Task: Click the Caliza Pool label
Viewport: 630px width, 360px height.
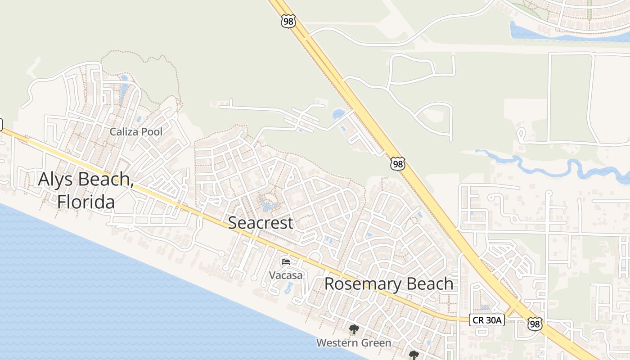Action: (136, 132)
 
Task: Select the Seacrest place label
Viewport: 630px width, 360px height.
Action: (261, 222)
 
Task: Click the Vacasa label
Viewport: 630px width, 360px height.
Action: (286, 274)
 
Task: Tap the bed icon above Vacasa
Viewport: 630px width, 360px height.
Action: (286, 261)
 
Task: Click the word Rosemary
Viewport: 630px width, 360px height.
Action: (362, 284)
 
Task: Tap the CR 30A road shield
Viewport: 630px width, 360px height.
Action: (487, 320)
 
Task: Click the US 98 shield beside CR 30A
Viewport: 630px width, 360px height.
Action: (535, 324)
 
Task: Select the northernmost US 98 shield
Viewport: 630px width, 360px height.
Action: (288, 21)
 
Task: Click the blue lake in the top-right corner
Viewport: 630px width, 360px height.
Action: (540, 32)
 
